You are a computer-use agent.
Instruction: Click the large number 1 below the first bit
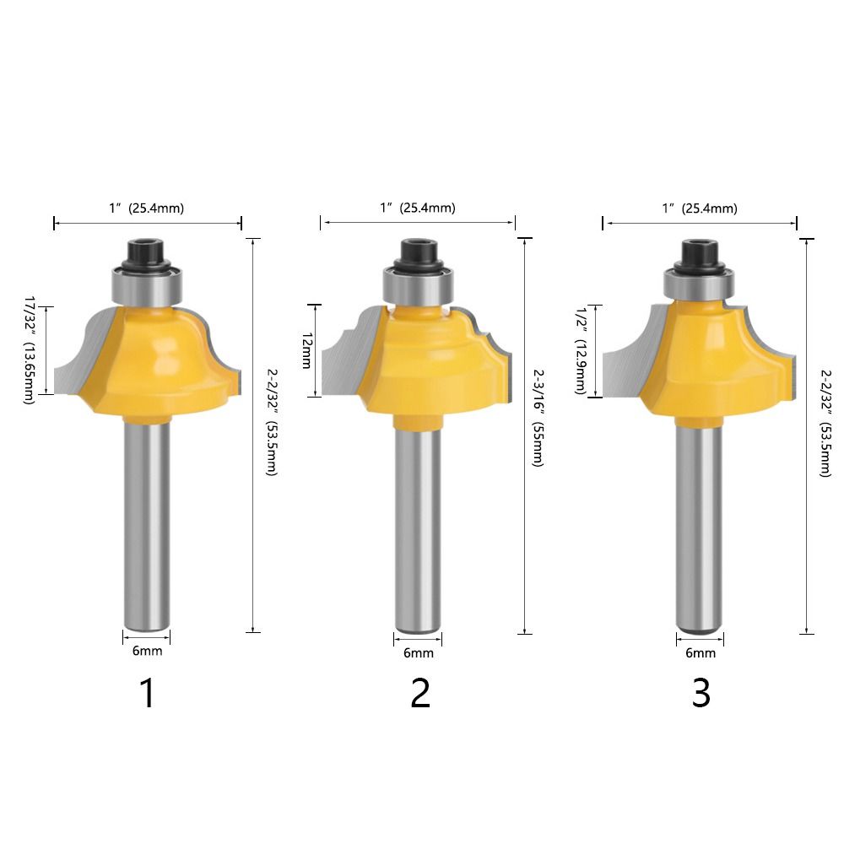click(x=148, y=694)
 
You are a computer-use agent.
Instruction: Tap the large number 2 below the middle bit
click(x=419, y=694)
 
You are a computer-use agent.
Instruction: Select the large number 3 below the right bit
click(x=701, y=694)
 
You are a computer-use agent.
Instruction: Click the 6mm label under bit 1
click(x=147, y=651)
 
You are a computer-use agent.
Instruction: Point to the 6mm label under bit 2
click(x=418, y=653)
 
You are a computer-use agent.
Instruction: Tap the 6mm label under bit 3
click(x=700, y=653)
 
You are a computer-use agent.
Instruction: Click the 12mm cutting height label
click(x=307, y=350)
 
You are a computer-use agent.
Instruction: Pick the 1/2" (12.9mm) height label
click(x=581, y=350)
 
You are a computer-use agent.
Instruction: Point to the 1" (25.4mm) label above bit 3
click(x=700, y=208)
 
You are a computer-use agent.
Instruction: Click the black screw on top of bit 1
click(x=148, y=252)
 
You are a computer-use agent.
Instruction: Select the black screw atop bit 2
click(x=419, y=252)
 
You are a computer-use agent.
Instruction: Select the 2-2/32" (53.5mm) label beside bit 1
click(x=270, y=422)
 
